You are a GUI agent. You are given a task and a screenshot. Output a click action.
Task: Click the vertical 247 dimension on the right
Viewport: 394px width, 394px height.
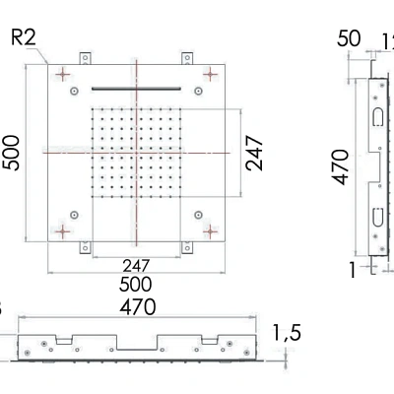pos(256,153)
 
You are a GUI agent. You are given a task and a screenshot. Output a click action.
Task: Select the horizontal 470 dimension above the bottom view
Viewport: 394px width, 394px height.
pos(137,307)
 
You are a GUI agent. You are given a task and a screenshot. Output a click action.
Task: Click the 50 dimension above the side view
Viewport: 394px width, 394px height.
pos(350,39)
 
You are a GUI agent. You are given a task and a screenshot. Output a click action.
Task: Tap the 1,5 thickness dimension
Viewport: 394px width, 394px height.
pos(287,334)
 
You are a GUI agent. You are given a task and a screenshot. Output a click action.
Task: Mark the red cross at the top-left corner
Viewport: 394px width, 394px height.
pos(64,74)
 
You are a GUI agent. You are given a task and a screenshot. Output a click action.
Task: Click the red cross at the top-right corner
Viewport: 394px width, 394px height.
pos(209,74)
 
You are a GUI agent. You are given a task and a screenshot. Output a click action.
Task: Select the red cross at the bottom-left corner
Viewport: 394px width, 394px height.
pos(64,230)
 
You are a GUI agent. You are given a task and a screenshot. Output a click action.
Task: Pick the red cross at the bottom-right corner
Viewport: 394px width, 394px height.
pos(209,230)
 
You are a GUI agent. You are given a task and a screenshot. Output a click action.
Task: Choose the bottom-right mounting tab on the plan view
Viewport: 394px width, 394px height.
pos(186,247)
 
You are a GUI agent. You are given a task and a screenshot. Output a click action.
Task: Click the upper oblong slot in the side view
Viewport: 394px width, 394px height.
pos(378,117)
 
